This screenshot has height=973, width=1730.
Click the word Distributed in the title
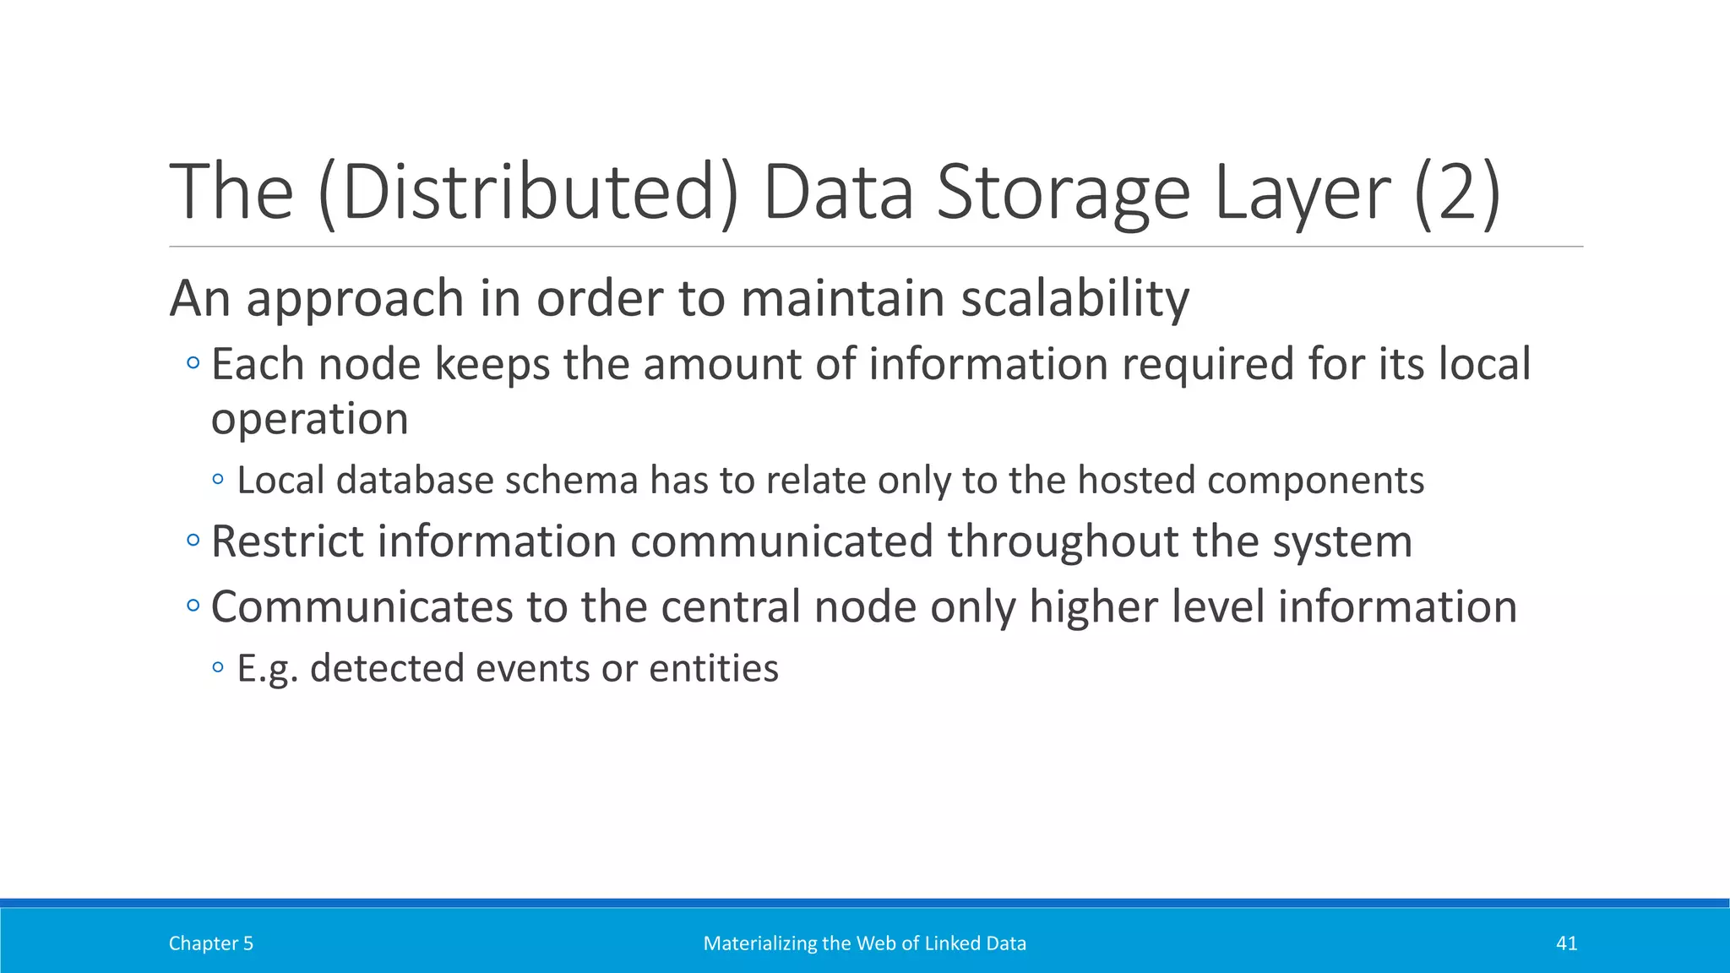(x=528, y=193)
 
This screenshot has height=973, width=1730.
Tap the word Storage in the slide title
(x=1064, y=193)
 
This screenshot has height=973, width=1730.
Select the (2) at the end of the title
(x=1457, y=193)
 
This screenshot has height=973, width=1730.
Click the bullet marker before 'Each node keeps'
(x=193, y=364)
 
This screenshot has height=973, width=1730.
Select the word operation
(x=309, y=419)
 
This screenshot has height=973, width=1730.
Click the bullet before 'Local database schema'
(x=219, y=480)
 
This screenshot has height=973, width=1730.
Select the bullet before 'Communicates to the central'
(x=193, y=606)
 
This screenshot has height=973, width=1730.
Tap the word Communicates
(x=362, y=606)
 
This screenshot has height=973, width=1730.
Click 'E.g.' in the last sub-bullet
(x=267, y=669)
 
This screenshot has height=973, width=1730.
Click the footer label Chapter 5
(x=211, y=943)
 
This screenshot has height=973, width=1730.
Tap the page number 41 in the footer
(x=1566, y=943)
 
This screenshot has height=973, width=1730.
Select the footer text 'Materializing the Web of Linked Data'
(x=864, y=943)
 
